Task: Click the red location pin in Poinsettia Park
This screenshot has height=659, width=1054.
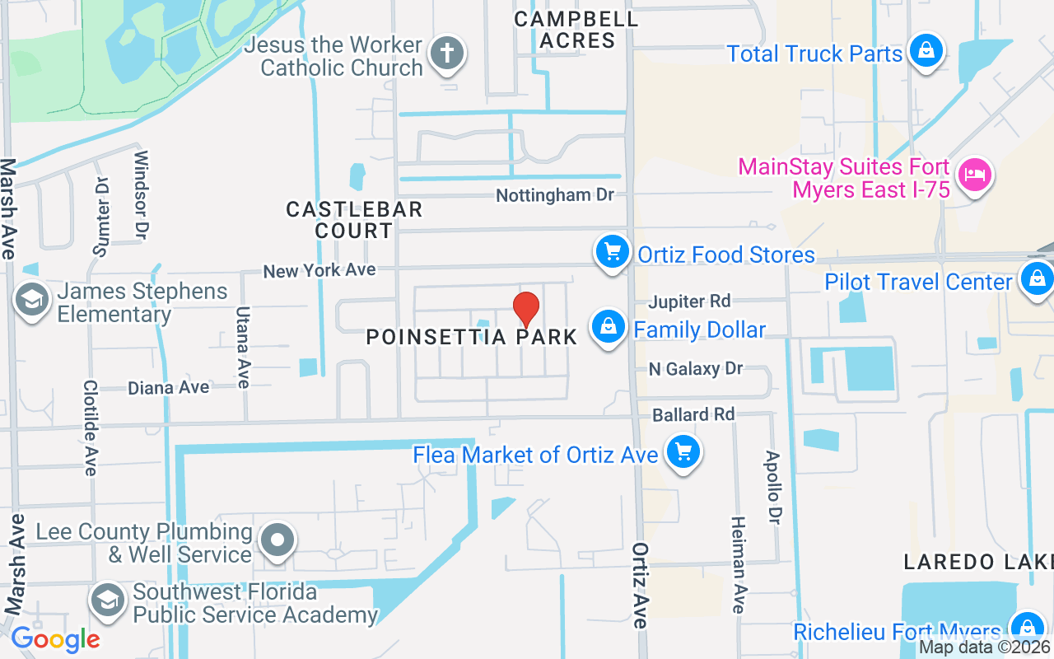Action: point(526,309)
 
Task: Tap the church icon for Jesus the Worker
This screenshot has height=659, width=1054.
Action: point(446,54)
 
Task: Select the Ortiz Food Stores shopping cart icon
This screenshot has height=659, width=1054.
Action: point(612,251)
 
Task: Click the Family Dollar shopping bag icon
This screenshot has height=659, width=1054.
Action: point(608,327)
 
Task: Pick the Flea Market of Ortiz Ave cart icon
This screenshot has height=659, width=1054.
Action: point(683,452)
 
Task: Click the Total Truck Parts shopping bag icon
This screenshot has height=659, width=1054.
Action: point(926,51)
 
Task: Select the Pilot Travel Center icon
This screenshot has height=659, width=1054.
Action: point(1037,279)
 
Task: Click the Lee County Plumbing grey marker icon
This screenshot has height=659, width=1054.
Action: point(277,540)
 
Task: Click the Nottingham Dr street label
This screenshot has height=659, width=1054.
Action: point(555,195)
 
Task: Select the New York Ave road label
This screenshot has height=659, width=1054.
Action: point(319,270)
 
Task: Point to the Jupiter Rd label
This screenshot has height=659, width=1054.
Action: point(689,301)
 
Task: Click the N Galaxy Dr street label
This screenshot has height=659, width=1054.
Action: point(696,369)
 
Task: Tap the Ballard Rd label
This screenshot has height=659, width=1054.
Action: point(693,414)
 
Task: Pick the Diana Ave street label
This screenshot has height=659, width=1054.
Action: point(169,387)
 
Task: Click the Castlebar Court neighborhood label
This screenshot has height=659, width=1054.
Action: point(354,220)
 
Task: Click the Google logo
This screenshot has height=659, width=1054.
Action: point(55,639)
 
